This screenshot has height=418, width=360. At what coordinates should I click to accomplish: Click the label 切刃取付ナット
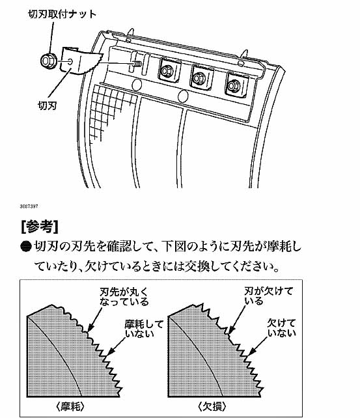pos(62,14)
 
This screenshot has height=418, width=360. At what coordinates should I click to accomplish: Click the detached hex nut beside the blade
pos(48,61)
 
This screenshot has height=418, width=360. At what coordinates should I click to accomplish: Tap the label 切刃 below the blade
pos(48,105)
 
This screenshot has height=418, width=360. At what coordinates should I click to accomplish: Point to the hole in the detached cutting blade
pos(70,62)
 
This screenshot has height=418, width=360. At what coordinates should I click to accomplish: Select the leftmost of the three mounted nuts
pos(167,71)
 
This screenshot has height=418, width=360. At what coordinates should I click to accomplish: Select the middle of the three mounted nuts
pos(199,78)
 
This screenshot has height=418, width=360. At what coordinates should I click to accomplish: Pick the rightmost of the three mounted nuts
pos(234,85)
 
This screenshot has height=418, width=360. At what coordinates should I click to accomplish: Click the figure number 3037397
pos(29,206)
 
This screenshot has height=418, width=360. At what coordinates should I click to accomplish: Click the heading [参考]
pos(40,227)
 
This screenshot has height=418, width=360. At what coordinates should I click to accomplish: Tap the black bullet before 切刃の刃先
pos(26,247)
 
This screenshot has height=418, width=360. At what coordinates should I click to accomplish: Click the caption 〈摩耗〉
pos(70,406)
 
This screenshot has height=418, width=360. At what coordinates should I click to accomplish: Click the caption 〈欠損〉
pos(212,406)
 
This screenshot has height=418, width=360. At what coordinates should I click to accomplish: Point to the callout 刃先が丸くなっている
pos(124,296)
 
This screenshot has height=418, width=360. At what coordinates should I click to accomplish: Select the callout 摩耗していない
pos(144,329)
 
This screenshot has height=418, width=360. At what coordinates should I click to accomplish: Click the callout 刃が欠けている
pos(268,296)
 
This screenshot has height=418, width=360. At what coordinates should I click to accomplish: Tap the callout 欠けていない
pos(282,328)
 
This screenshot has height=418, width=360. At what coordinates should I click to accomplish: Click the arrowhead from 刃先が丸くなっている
pos(90,327)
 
